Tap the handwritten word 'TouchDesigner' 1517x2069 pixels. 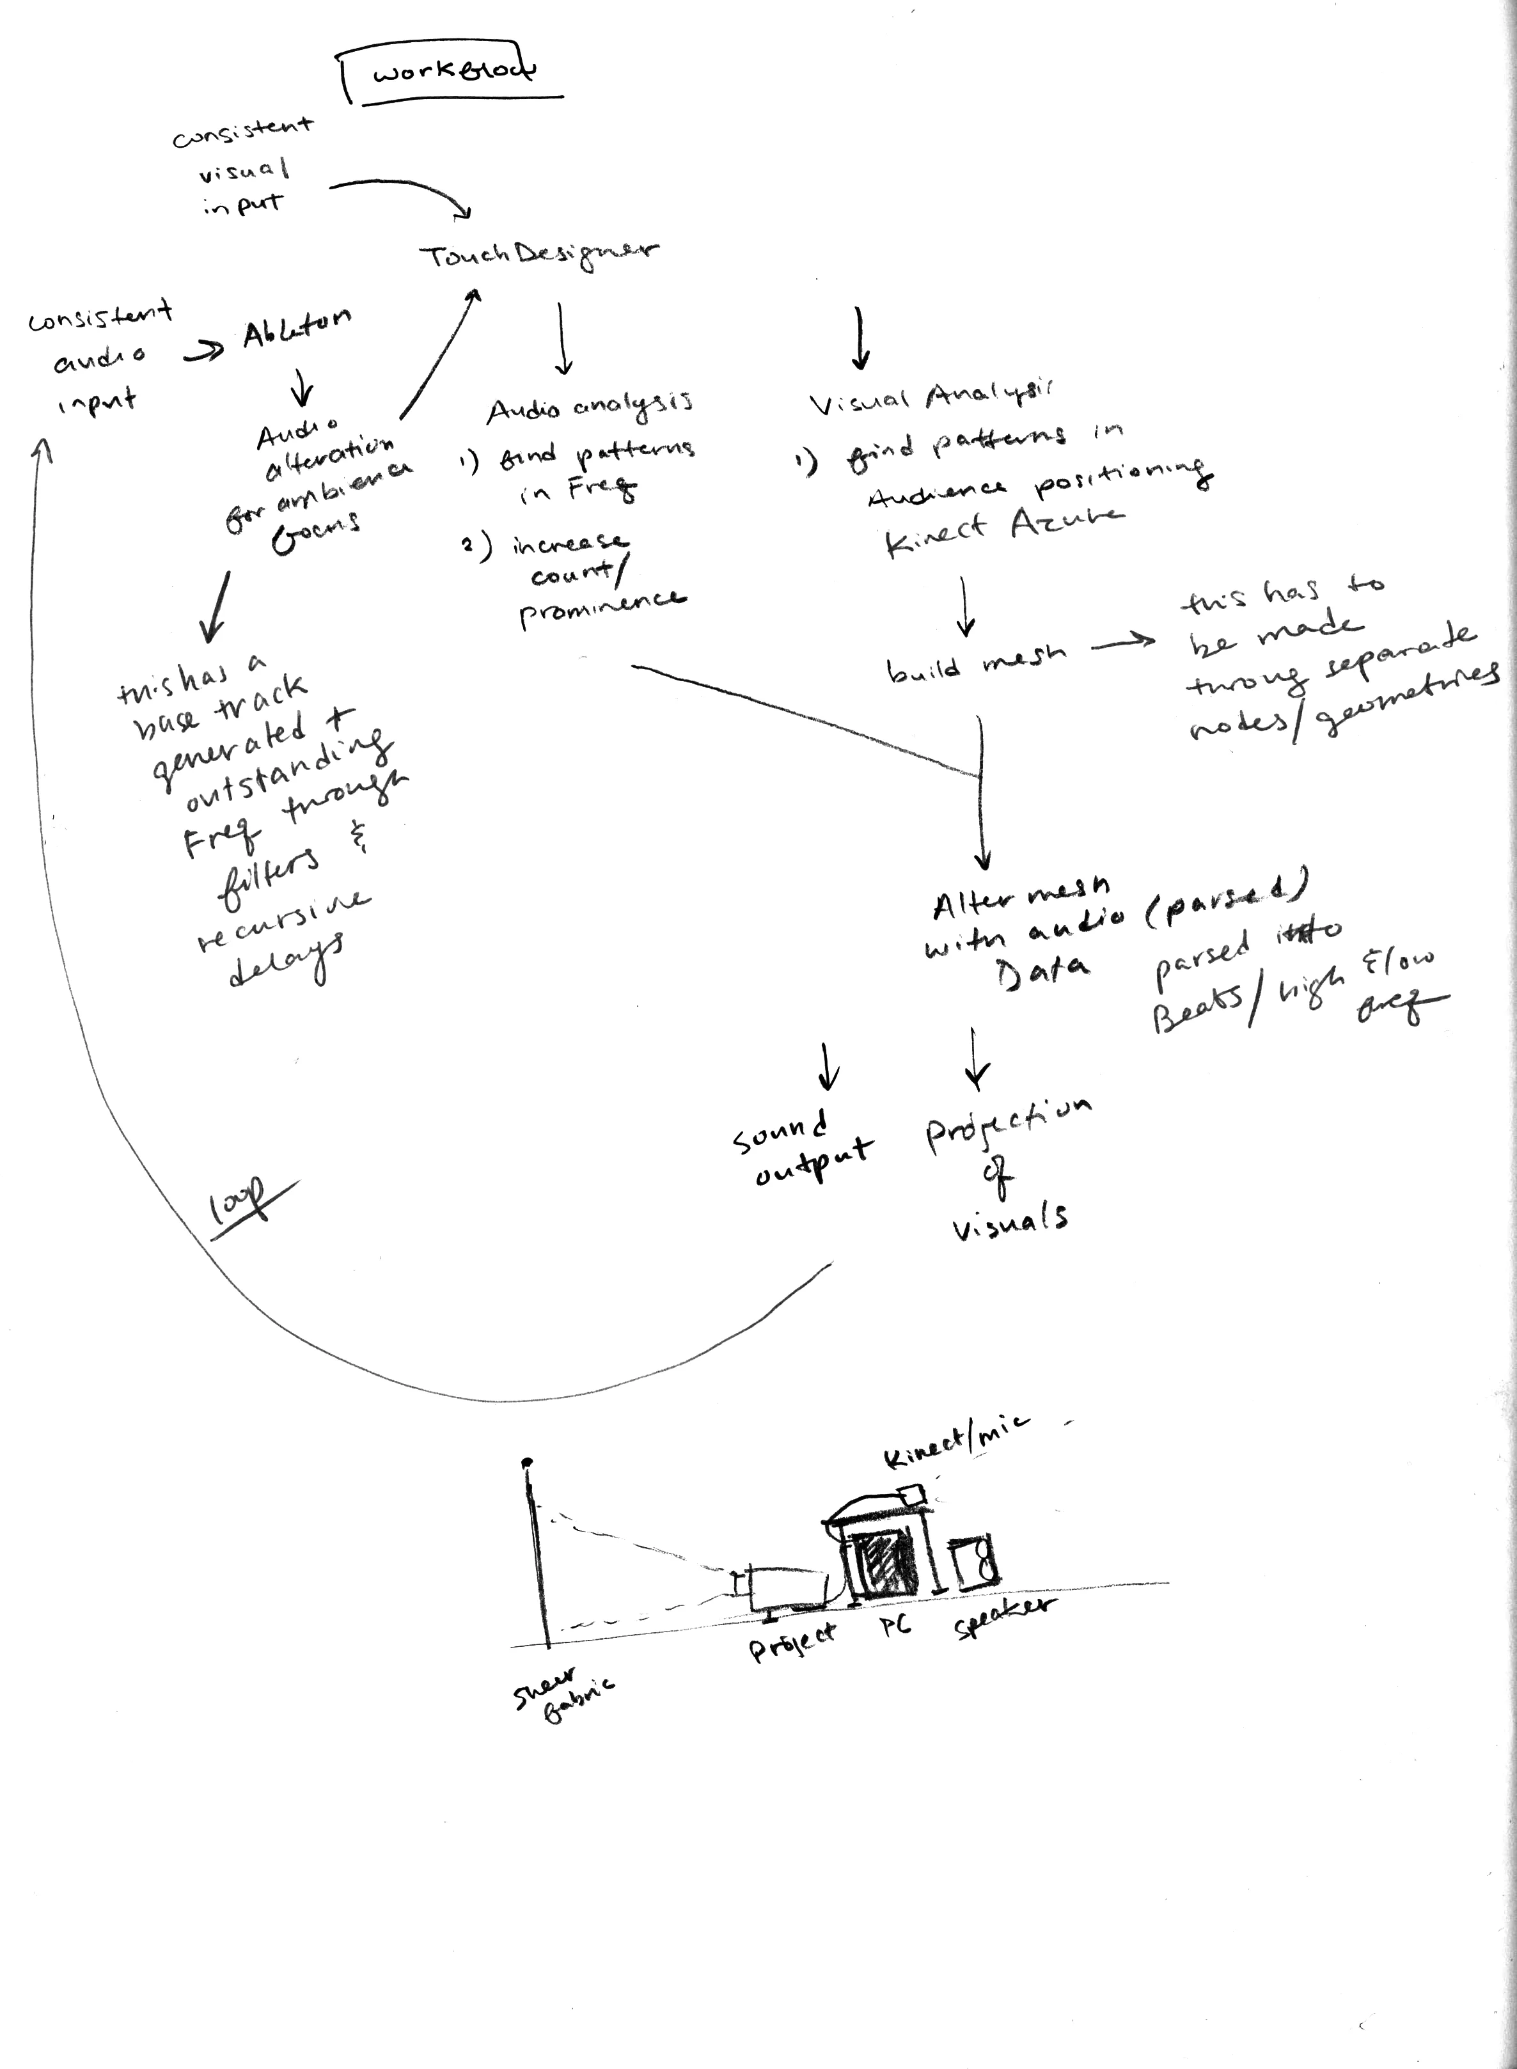(x=539, y=255)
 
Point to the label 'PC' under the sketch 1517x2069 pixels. (x=895, y=1625)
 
